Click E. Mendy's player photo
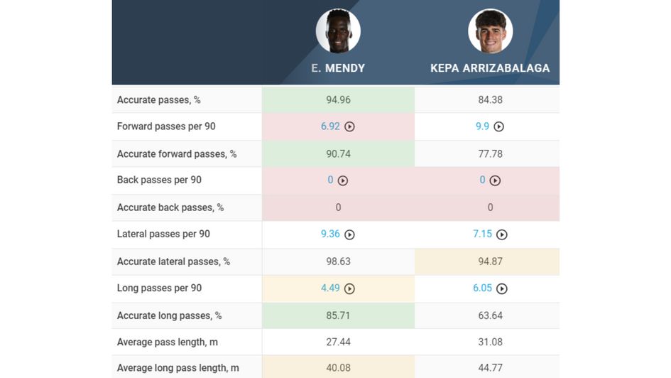(338, 31)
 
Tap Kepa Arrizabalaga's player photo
(490, 31)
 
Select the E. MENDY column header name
(338, 68)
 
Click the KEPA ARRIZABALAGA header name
(490, 68)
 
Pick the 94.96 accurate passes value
(338, 99)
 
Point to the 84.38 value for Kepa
(490, 99)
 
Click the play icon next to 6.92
(349, 126)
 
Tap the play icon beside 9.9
(498, 126)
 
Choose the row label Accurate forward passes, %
(177, 153)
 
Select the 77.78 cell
(490, 153)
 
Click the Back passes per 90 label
(159, 180)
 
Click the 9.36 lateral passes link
(330, 234)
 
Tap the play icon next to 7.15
(502, 234)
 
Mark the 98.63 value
(338, 261)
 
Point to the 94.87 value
(490, 261)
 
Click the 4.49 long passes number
(330, 288)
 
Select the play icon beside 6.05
(502, 288)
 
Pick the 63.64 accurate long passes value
(490, 315)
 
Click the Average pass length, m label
(168, 342)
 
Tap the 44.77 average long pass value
(490, 368)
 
